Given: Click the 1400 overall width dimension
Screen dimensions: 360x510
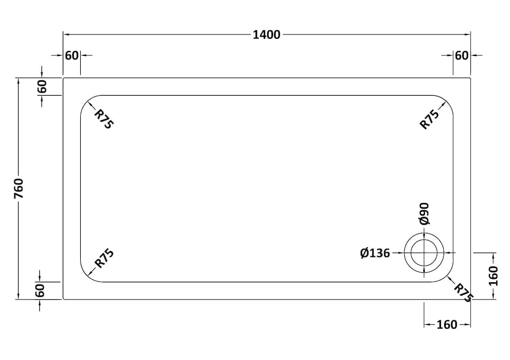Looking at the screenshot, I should pos(266,35).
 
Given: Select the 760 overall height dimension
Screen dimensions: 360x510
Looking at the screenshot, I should pos(19,188).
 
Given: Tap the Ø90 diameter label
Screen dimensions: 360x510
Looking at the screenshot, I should pos(424,213).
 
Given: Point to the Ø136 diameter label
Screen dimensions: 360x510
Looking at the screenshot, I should pos(375,253).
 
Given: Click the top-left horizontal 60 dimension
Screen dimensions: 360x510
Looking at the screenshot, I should pos(72,55).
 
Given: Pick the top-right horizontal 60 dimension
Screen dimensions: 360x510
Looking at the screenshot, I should pos(462,55).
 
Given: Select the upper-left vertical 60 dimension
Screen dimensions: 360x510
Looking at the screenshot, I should pos(42,86).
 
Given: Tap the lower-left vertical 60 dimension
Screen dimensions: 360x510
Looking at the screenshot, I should pos(42,290).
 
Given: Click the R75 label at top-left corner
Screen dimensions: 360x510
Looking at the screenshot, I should pos(104,119).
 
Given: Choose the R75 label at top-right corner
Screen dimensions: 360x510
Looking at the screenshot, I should pos(430,119).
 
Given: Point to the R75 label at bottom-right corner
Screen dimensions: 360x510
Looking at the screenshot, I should pos(463,292).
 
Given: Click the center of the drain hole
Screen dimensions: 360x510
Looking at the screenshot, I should pos(424,253).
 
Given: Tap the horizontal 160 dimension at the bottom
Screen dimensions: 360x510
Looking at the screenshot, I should pos(447,324).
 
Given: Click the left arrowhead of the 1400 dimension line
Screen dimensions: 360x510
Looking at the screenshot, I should pos(65,35).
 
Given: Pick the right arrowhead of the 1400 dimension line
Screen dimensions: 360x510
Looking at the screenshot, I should pos(468,35).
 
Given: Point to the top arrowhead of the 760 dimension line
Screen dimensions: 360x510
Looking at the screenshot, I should pos(19,80).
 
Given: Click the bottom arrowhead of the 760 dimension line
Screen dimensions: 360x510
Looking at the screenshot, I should pos(19,297).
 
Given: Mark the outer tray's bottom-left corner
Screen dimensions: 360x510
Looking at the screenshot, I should pos(64,299).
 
